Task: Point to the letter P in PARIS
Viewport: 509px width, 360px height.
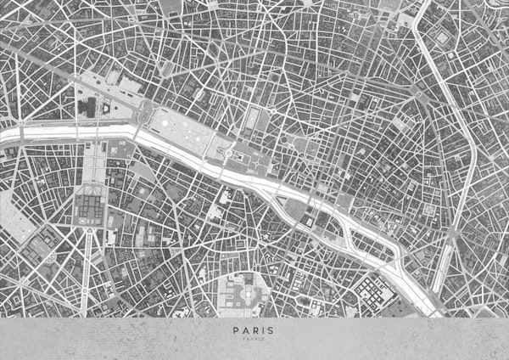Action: [232, 332]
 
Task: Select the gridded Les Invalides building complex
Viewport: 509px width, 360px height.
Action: [91, 207]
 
